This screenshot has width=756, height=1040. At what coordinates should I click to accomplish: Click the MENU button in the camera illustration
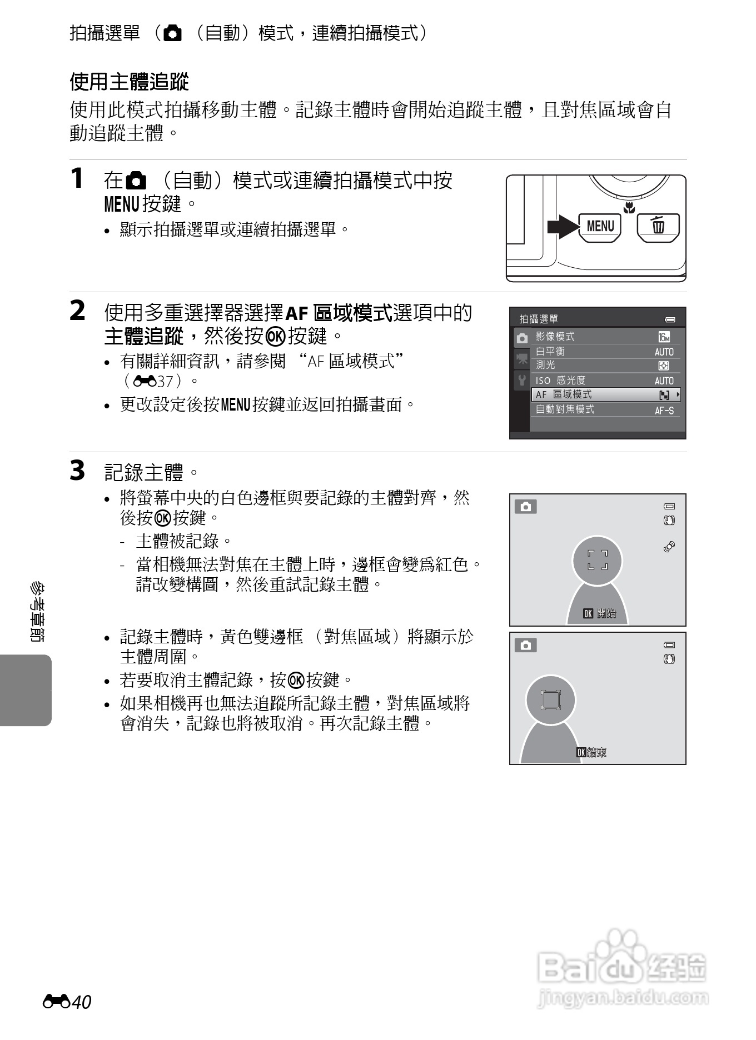coord(600,227)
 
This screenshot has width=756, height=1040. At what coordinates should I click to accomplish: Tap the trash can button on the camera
coord(658,227)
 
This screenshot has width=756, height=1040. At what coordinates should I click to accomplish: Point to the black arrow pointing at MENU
coord(563,227)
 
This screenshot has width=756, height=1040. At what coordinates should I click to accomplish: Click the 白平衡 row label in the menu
coord(550,351)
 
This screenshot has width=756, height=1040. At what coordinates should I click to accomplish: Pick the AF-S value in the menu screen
coord(664,411)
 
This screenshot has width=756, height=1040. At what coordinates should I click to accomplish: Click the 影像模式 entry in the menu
coord(555,336)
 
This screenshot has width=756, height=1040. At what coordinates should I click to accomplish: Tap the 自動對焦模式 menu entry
coord(565,409)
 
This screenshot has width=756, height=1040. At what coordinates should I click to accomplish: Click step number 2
coord(77,311)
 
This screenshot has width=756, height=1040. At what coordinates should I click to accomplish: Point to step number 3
coord(77,471)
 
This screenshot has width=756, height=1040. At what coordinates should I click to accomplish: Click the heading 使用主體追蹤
coord(129,82)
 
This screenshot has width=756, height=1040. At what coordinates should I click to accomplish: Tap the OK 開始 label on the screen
coord(599,613)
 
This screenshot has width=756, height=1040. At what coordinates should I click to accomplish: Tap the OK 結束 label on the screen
coord(591,752)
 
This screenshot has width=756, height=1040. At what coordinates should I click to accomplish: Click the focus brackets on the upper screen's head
coord(598,560)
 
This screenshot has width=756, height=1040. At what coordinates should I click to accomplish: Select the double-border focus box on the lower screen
coord(551,700)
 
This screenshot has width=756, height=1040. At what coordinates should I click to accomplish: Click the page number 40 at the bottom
coord(81,1002)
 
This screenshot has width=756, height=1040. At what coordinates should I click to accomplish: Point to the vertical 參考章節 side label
coord(37,611)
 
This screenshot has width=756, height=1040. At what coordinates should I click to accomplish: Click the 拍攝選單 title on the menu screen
coord(539,319)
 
